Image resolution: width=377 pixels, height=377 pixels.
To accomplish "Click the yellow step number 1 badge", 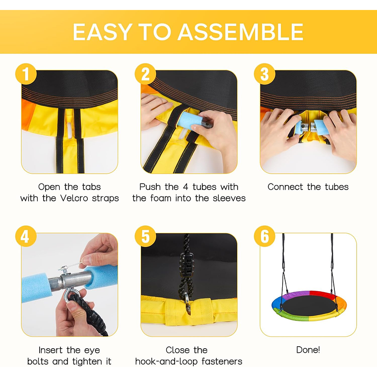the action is coord(26,74).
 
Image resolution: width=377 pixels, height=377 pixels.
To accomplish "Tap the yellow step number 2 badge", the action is coord(145,74).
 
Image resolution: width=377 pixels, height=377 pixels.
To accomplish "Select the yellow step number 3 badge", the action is coord(265,74).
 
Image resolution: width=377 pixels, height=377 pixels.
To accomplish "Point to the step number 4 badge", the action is coord(26,236).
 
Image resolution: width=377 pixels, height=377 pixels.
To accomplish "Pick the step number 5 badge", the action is coord(145,236).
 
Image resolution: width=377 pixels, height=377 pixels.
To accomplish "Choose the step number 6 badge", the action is coord(265,236).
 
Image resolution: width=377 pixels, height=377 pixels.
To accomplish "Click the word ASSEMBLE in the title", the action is coord(241,32).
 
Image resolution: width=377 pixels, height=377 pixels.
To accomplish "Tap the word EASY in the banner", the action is coord(102,32).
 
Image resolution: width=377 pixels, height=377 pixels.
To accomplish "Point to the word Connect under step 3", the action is coord(285,187).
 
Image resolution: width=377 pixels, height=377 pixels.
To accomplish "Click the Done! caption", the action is coord(308,350).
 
